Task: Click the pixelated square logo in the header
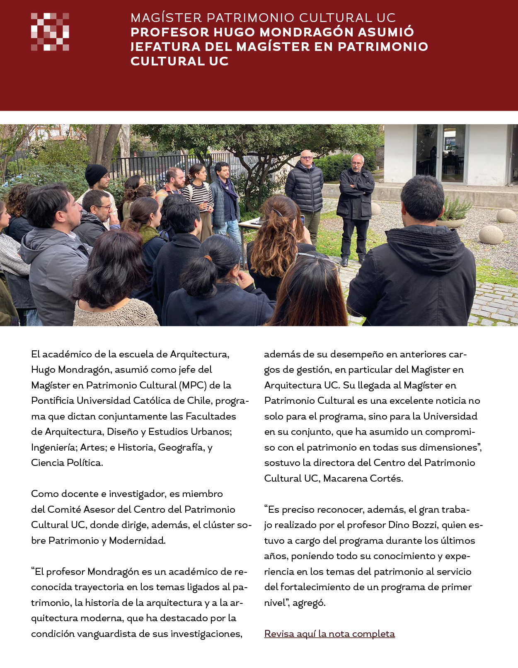pyautogui.click(x=50, y=32)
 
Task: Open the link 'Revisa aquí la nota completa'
pyautogui.click(x=329, y=634)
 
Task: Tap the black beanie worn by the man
pyautogui.click(x=96, y=174)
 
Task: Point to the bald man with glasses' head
pyautogui.click(x=306, y=157)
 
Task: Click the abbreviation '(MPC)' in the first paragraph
pyautogui.click(x=193, y=385)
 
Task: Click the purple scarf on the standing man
pyautogui.click(x=228, y=187)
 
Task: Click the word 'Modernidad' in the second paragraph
pyautogui.click(x=137, y=540)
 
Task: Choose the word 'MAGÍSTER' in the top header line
pyautogui.click(x=166, y=18)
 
